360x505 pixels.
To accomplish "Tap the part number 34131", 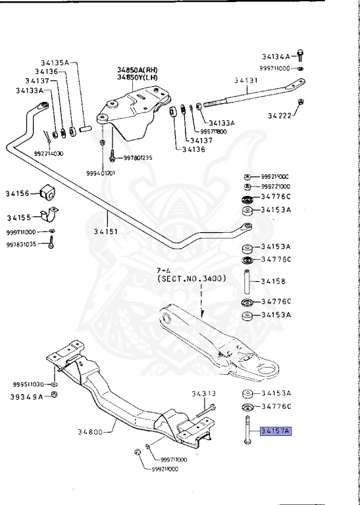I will coord(247,81).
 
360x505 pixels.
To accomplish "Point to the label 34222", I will coord(280,116).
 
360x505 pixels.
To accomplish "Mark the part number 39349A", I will coord(26,397).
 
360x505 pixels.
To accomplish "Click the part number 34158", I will coord(274,281).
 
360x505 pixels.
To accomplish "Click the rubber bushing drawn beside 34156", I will coord(49,193).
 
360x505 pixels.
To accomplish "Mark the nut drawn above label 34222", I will coord(300,102).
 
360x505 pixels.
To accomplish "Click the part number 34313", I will coord(203,394).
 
